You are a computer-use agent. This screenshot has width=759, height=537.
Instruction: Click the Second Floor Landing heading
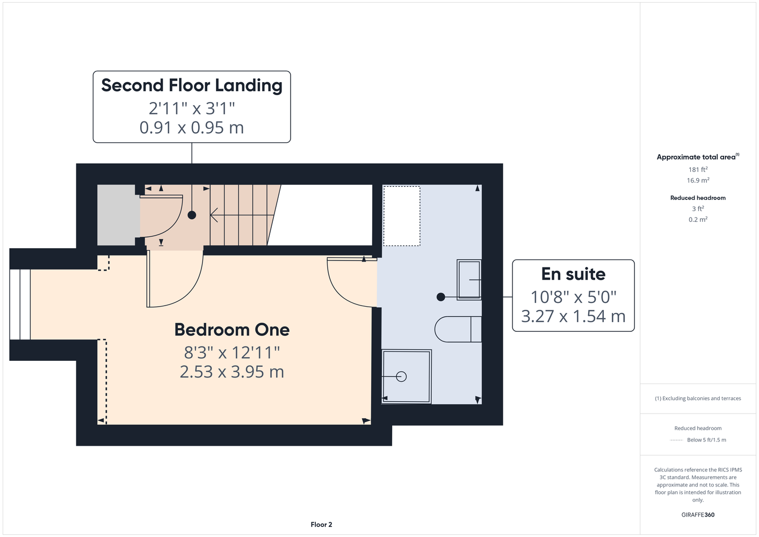point(192,85)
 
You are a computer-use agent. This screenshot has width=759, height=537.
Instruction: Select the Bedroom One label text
point(232,330)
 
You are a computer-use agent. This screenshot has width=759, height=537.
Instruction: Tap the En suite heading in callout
point(573,274)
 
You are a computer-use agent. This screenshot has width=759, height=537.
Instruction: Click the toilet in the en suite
point(458,329)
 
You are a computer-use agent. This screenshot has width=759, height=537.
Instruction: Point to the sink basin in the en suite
point(469,280)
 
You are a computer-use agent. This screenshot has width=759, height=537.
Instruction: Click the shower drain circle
point(401,377)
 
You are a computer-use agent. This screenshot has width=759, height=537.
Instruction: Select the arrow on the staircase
point(242,215)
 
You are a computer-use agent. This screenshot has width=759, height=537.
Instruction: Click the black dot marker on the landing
point(192,215)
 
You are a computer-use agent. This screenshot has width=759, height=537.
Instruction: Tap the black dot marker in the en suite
point(441,297)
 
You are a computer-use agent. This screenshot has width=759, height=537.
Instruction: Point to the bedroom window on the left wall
point(20,304)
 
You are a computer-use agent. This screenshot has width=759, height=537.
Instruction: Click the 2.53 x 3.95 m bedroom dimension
point(232,372)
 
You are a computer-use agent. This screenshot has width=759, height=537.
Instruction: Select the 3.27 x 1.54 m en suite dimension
point(573,316)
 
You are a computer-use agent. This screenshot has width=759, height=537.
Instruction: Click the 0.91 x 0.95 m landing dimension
point(192,127)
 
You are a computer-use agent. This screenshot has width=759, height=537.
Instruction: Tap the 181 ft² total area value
point(698,169)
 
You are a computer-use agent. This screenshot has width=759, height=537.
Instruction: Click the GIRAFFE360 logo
point(698,514)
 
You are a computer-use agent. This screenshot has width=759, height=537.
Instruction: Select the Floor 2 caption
point(321,525)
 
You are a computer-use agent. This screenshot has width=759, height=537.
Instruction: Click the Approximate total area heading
point(698,156)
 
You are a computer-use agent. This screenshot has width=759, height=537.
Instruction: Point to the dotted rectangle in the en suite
point(402,216)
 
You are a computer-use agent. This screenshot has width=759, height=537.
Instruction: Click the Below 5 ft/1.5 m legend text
point(706,440)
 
